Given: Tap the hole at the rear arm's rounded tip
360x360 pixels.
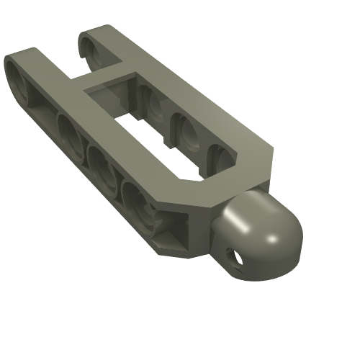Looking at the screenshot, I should [91, 49].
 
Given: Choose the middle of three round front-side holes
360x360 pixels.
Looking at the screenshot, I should [104, 170].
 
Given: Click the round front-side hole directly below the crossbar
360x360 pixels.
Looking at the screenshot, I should [71, 134].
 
